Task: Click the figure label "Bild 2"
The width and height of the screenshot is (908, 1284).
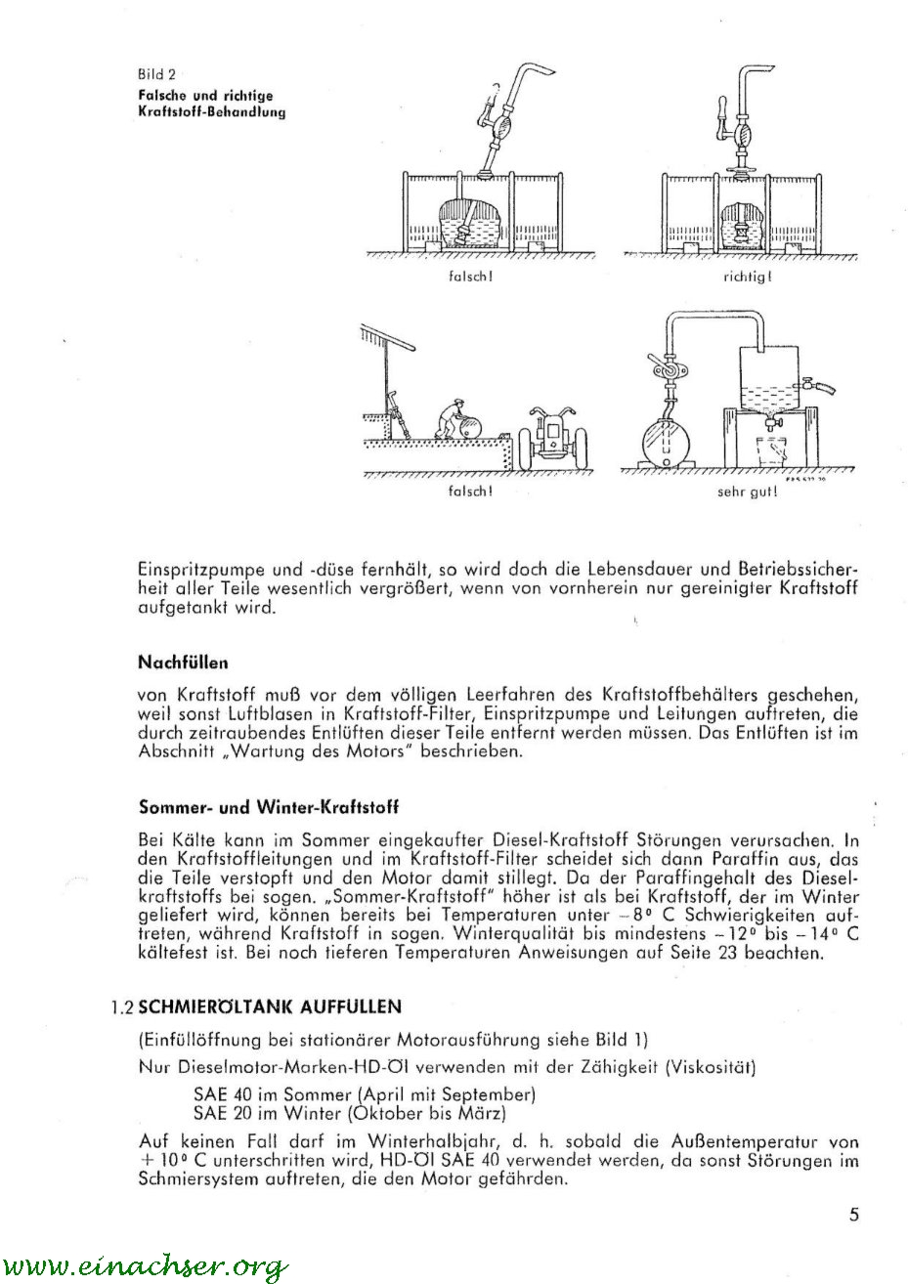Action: pos(155,75)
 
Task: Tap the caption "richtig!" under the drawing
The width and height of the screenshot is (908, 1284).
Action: pos(748,277)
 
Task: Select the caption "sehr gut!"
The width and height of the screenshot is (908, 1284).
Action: pos(748,492)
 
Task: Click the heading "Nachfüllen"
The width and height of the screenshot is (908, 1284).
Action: pos(183,662)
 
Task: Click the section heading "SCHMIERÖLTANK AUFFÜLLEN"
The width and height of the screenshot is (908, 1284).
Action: pos(269,1006)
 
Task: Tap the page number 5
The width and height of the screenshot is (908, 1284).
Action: pos(853,1216)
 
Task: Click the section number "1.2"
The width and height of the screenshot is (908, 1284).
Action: pos(121,1006)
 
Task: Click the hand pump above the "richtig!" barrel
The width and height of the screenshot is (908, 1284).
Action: pos(744,127)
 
